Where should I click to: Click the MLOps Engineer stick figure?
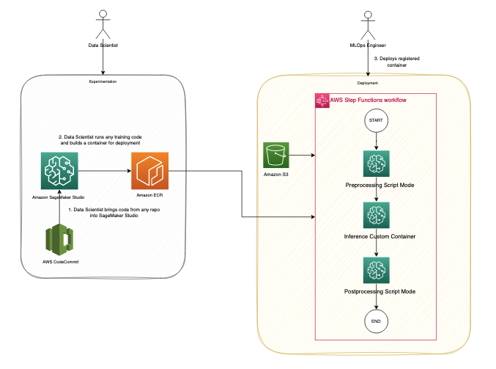tap(368, 26)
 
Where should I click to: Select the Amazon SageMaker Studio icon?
tap(59, 171)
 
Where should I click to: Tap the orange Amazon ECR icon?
tap(150, 171)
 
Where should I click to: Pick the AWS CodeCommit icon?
tap(59, 239)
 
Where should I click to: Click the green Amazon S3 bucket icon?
tap(275, 155)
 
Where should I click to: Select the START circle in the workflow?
tap(376, 120)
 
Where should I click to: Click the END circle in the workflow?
tap(376, 321)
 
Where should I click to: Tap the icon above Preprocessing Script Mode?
tap(376, 164)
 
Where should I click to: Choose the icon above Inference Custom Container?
tap(376, 215)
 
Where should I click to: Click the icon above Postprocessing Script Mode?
tap(376, 270)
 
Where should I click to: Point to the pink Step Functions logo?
tap(322, 101)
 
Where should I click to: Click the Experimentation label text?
tap(103, 81)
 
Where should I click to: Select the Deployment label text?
tap(368, 83)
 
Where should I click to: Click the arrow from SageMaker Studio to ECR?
tap(105, 171)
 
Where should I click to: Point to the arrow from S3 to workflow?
tap(302, 156)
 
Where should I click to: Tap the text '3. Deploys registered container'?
tap(396, 62)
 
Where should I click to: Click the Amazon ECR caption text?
tap(149, 195)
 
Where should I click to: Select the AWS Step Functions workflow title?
tap(369, 100)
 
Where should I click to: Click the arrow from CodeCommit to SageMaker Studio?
tap(59, 207)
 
